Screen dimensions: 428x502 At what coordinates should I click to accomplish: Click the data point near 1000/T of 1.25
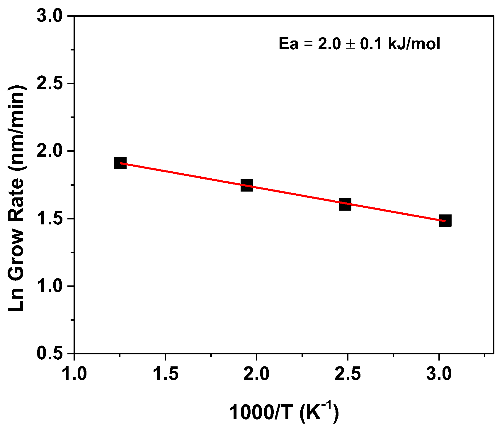(x=120, y=163)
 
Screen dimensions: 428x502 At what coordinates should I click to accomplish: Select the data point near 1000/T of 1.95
(x=247, y=185)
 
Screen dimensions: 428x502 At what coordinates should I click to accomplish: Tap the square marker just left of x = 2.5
(x=345, y=204)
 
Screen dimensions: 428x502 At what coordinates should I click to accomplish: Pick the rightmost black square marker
(x=445, y=221)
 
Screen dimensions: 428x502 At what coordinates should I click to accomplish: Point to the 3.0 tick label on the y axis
(x=50, y=16)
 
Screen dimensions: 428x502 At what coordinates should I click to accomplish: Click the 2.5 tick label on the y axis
(x=50, y=84)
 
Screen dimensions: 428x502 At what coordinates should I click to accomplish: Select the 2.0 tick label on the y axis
(x=50, y=151)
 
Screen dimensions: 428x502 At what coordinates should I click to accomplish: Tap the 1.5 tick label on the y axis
(x=50, y=219)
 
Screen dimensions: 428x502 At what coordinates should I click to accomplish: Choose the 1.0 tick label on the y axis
(x=50, y=286)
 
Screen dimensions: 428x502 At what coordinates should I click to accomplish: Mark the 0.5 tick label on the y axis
(x=50, y=353)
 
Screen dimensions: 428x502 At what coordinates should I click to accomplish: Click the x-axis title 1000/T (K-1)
(x=284, y=412)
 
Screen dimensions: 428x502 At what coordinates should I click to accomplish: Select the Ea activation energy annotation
(x=359, y=44)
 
